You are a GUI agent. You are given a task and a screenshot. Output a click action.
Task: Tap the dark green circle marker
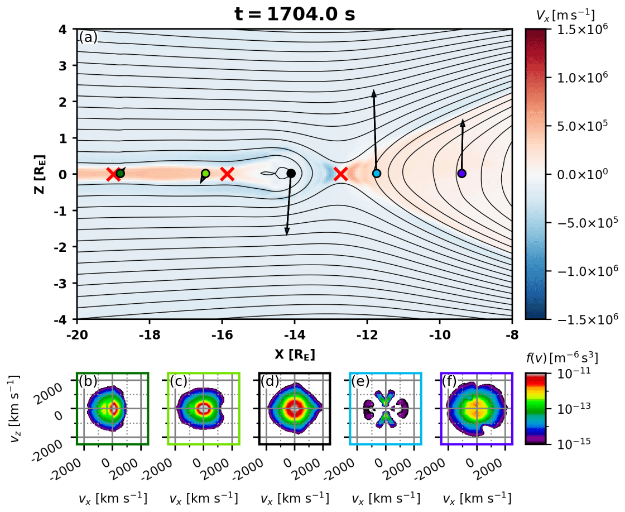pyautogui.click(x=120, y=173)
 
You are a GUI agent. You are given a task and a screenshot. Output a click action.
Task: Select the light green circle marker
pyautogui.click(x=205, y=174)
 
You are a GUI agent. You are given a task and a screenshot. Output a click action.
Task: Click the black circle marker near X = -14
pyautogui.click(x=291, y=173)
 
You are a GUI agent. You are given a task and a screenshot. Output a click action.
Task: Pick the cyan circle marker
pyautogui.click(x=376, y=174)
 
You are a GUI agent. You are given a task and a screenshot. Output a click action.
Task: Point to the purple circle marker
pyautogui.click(x=461, y=173)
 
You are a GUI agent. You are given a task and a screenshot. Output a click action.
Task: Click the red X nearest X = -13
pyautogui.click(x=341, y=174)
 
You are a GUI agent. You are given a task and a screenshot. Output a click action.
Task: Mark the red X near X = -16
pyautogui.click(x=227, y=174)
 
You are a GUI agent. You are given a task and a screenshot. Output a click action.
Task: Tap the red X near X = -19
pyautogui.click(x=113, y=174)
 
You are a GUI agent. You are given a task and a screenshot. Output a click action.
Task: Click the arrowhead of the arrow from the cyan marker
pyautogui.click(x=374, y=91)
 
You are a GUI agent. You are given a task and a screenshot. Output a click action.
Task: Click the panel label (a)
pyautogui.click(x=88, y=37)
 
